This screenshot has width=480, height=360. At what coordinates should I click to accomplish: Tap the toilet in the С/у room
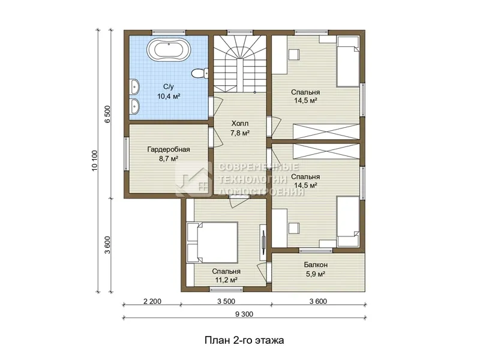pos(200,73)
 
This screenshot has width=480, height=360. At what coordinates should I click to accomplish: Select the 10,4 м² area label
pos(169,97)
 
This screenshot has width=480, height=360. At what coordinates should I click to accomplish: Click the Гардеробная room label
pos(169,149)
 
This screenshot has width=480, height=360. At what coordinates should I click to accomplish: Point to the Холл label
pos(239,124)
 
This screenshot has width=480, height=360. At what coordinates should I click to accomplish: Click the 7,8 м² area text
pos(239,133)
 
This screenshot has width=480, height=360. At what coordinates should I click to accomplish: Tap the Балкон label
pos(316,265)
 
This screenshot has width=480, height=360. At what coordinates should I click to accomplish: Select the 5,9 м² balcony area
pos(316,274)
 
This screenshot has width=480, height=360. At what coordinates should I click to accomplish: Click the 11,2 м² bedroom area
pos(226,280)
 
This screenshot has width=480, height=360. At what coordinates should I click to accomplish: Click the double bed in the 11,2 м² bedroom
pos(212,242)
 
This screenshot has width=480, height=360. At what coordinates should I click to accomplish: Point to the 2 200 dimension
pos(152,301)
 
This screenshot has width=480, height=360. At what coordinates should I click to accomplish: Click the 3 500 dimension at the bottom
pos(226,301)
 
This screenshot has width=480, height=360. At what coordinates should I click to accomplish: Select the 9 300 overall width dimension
pos(244,314)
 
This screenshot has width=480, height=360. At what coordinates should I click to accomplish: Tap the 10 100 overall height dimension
pos(94,161)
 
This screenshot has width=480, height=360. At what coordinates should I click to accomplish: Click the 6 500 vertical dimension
pos(107,114)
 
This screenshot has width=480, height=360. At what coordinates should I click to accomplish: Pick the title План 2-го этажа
pos(244,340)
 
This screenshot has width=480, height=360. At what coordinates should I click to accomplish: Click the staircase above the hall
pos(239,64)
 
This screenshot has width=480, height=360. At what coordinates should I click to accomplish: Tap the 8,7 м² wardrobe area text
pos(169,158)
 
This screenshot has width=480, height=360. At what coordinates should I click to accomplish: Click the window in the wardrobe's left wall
pos(126,153)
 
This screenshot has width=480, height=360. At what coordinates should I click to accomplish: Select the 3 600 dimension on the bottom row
pos(318,301)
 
